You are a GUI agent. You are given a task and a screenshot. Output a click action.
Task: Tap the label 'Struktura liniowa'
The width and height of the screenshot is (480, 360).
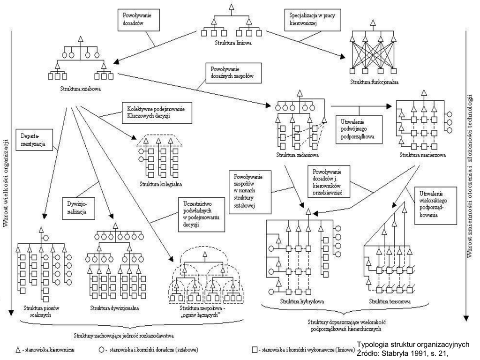click(231, 43)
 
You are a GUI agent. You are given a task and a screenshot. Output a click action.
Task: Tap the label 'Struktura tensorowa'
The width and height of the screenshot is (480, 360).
click(390, 301)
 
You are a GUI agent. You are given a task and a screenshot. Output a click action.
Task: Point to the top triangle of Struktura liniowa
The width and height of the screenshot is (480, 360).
click(230, 7)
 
